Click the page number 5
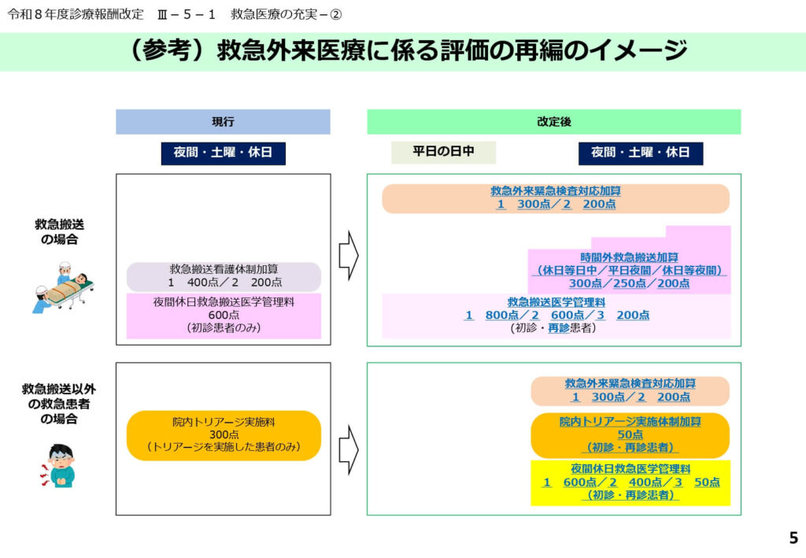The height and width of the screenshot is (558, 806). (x=793, y=538)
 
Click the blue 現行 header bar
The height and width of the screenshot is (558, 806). (x=223, y=122)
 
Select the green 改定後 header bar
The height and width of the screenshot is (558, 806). (x=553, y=122)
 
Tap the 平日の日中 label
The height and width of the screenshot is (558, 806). (x=443, y=152)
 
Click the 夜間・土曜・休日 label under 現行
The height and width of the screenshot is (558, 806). (x=223, y=153)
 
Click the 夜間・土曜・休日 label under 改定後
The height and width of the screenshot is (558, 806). (x=640, y=153)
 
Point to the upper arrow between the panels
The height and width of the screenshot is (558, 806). (x=348, y=254)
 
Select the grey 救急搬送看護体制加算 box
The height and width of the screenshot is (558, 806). (x=224, y=276)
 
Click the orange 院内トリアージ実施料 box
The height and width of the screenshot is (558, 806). (x=224, y=435)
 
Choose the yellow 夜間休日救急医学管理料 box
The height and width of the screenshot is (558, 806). (x=630, y=482)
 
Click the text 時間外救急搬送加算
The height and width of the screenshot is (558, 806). (x=630, y=257)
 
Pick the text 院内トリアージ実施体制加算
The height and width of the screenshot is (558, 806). (x=630, y=422)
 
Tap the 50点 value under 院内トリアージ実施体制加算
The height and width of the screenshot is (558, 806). (x=630, y=434)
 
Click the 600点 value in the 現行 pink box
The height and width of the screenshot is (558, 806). (x=224, y=315)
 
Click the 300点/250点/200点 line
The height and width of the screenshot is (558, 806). (x=629, y=283)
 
